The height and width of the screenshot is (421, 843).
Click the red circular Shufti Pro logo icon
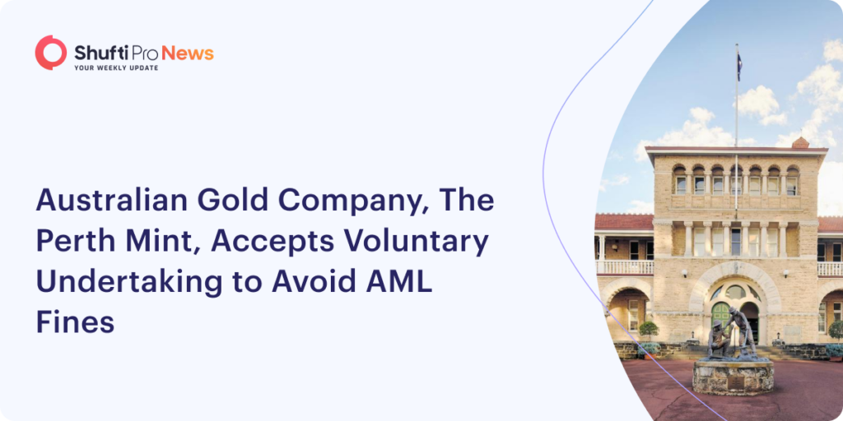point(50,53)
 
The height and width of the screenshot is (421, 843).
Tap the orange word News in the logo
point(188,53)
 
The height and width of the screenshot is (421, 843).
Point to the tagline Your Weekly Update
point(115,67)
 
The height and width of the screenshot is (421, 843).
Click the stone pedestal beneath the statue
point(733,377)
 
